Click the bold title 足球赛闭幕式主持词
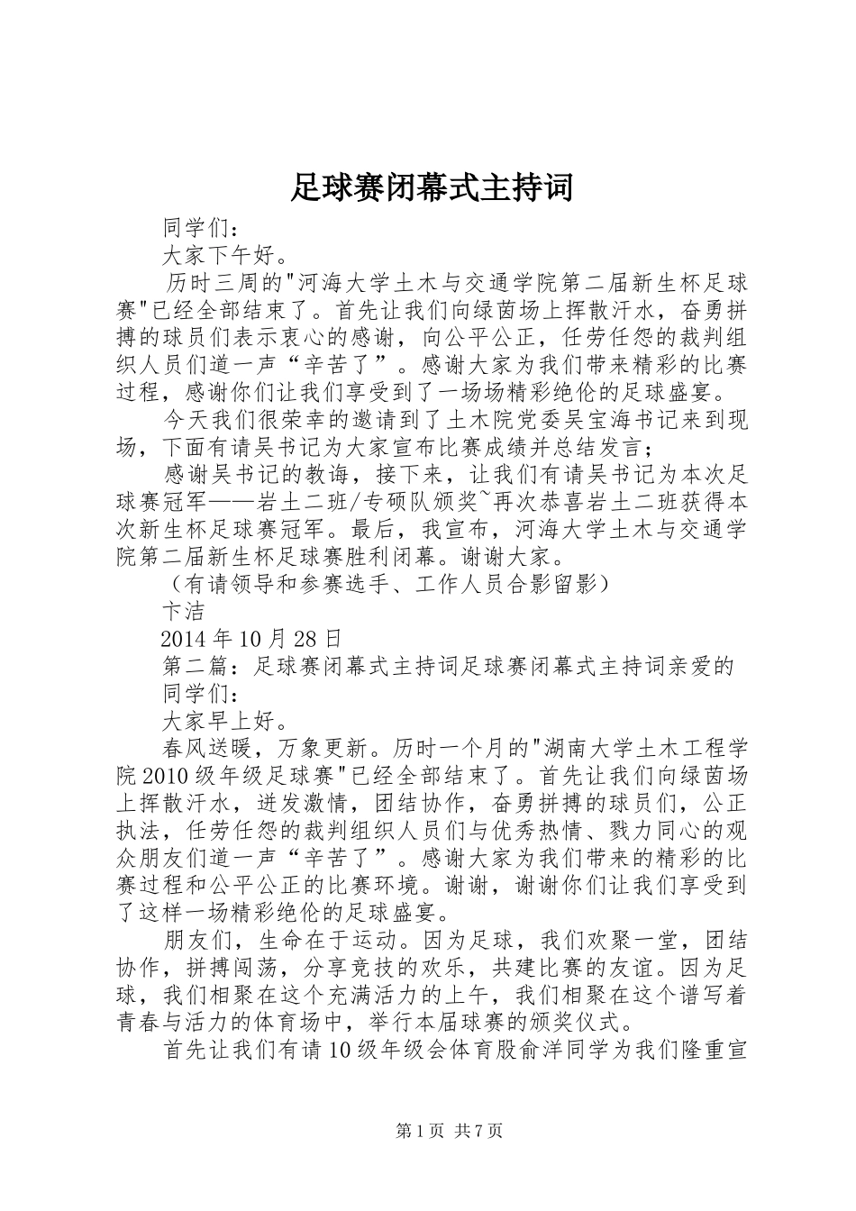[432, 188]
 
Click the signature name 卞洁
[183, 612]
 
